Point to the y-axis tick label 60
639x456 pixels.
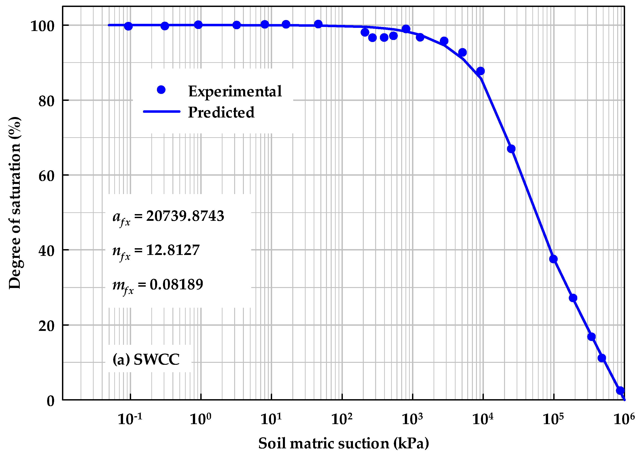46,176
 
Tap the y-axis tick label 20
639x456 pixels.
46,326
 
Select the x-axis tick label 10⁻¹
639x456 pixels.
130,419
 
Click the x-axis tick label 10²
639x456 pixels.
342,419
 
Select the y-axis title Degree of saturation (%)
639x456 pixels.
15,203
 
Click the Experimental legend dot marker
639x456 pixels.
161,90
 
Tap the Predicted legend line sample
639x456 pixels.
162,111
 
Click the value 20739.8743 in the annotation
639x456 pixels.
185,216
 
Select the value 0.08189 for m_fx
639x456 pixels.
176,284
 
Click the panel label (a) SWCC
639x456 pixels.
146,359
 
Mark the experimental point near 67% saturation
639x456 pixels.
511,149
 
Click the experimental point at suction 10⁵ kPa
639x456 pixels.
553,259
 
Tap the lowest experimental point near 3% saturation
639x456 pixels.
620,390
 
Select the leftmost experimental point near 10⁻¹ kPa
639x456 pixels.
128,27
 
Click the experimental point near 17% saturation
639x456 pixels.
591,337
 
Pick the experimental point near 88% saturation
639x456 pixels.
480,71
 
